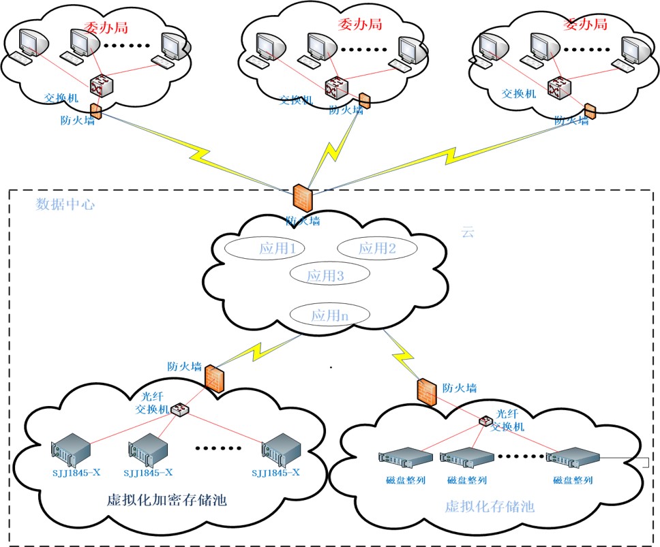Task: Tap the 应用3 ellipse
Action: click(329, 276)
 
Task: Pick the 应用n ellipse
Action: click(329, 315)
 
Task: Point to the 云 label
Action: click(468, 232)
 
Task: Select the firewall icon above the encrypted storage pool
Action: click(215, 378)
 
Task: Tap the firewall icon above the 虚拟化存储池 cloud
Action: click(426, 390)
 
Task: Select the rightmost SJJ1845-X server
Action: click(282, 448)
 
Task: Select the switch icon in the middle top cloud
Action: click(335, 87)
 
